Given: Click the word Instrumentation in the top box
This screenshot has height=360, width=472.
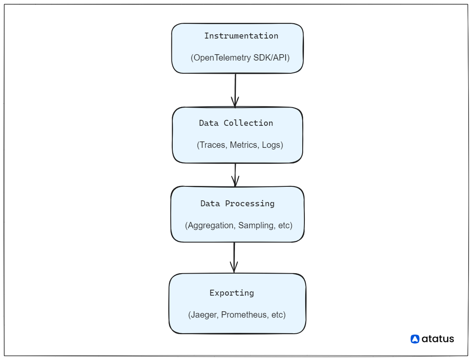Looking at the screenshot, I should [x=241, y=36].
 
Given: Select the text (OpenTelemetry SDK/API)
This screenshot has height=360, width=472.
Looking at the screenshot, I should [x=240, y=58].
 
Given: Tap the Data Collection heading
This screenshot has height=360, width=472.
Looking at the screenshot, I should [x=236, y=123].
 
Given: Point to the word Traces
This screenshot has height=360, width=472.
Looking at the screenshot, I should [x=213, y=145].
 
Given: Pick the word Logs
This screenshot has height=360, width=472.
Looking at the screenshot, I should [x=272, y=145].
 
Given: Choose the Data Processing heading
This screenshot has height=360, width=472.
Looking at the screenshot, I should [x=237, y=204].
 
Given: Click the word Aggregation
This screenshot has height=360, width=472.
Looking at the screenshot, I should [x=210, y=225].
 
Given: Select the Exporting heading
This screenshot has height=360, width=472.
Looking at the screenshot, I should [x=232, y=293].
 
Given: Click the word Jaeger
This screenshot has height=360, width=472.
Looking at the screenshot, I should [x=204, y=315].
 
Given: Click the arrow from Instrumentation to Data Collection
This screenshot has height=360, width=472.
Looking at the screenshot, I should [x=235, y=90].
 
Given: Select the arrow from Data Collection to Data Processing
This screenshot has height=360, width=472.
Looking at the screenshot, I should [x=235, y=174].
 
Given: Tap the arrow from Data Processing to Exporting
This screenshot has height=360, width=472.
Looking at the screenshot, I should [x=234, y=257].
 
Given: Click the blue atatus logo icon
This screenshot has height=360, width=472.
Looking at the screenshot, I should [x=415, y=339].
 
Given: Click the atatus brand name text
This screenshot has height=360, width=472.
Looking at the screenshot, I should [x=438, y=339].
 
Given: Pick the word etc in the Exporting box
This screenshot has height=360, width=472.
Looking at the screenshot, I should [x=278, y=315].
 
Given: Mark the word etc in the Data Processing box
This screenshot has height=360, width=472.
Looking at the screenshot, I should [x=284, y=225].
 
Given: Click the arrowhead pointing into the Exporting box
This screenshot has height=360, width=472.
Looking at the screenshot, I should [x=234, y=268].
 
